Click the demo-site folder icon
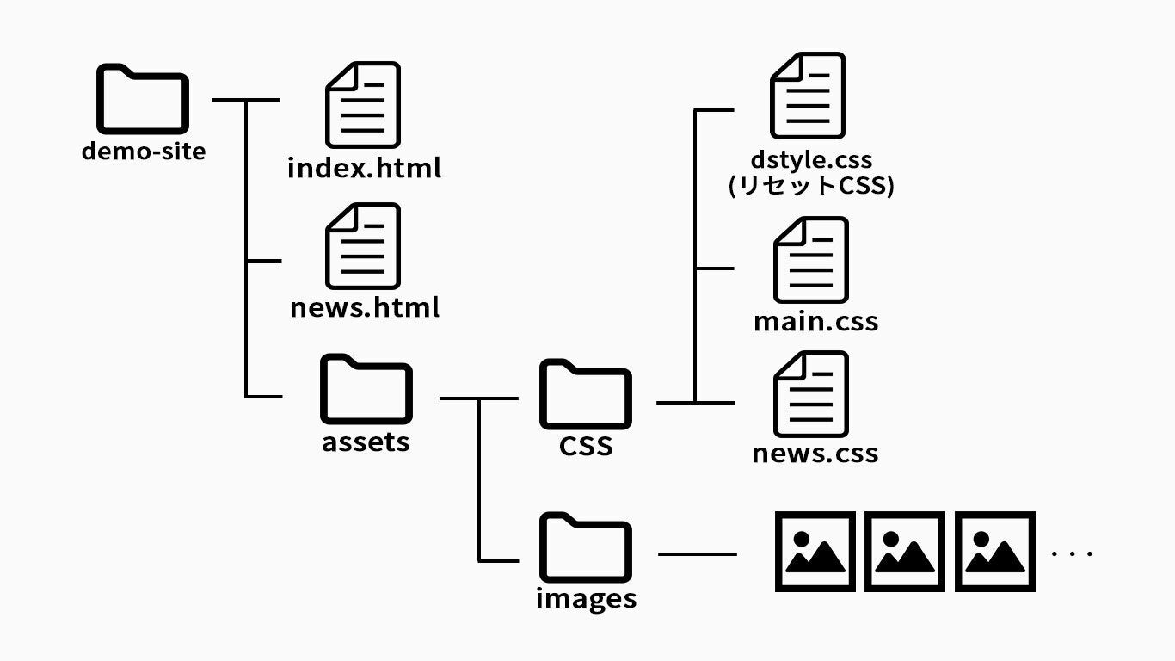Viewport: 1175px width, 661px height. (x=142, y=98)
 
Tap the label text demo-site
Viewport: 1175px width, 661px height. (x=144, y=151)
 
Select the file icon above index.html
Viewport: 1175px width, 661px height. (x=363, y=104)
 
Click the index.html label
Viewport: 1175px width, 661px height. (x=364, y=167)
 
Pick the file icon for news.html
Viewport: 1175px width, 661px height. (x=363, y=245)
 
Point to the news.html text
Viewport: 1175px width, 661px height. (x=365, y=307)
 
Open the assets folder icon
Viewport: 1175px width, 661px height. (x=366, y=388)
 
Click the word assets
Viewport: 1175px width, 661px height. (x=366, y=442)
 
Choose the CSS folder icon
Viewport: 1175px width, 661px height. (x=585, y=393)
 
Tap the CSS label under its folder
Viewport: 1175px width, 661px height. (x=586, y=446)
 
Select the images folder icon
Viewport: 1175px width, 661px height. (x=585, y=547)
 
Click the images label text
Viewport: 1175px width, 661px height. (x=586, y=598)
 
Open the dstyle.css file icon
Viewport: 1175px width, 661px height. (x=807, y=96)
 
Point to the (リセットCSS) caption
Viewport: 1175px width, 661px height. (x=810, y=186)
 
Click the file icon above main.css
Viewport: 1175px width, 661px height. (x=810, y=259)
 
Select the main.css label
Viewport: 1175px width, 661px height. (x=815, y=322)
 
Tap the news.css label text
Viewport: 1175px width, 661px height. (x=815, y=454)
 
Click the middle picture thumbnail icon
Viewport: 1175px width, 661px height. (x=904, y=552)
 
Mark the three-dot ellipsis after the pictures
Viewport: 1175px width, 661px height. (x=1073, y=553)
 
